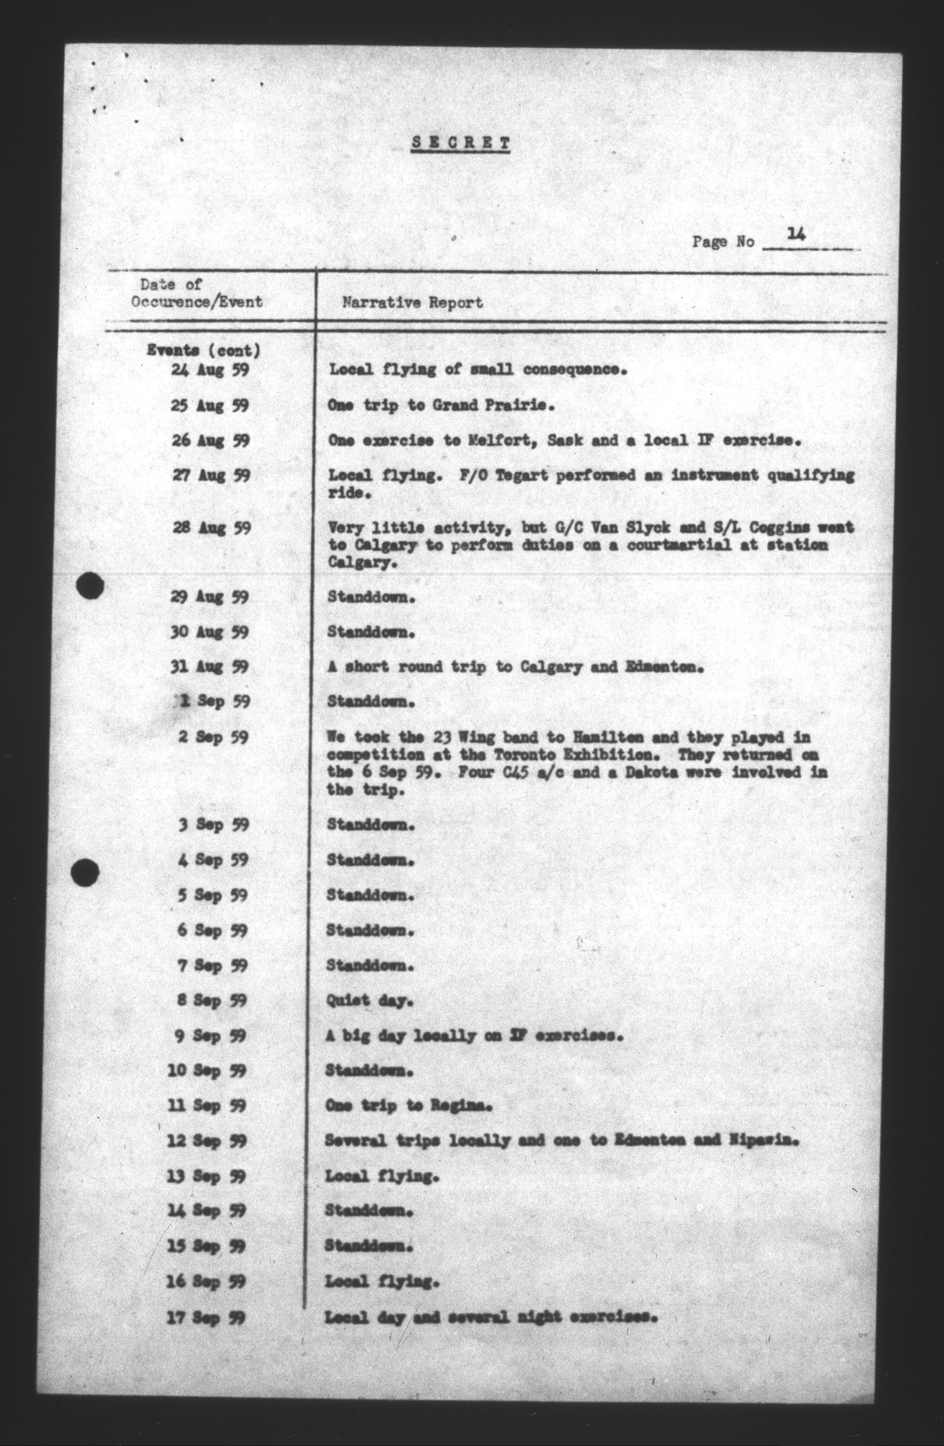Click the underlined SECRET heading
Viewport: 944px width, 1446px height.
click(460, 143)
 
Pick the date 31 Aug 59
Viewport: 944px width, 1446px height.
click(210, 666)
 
